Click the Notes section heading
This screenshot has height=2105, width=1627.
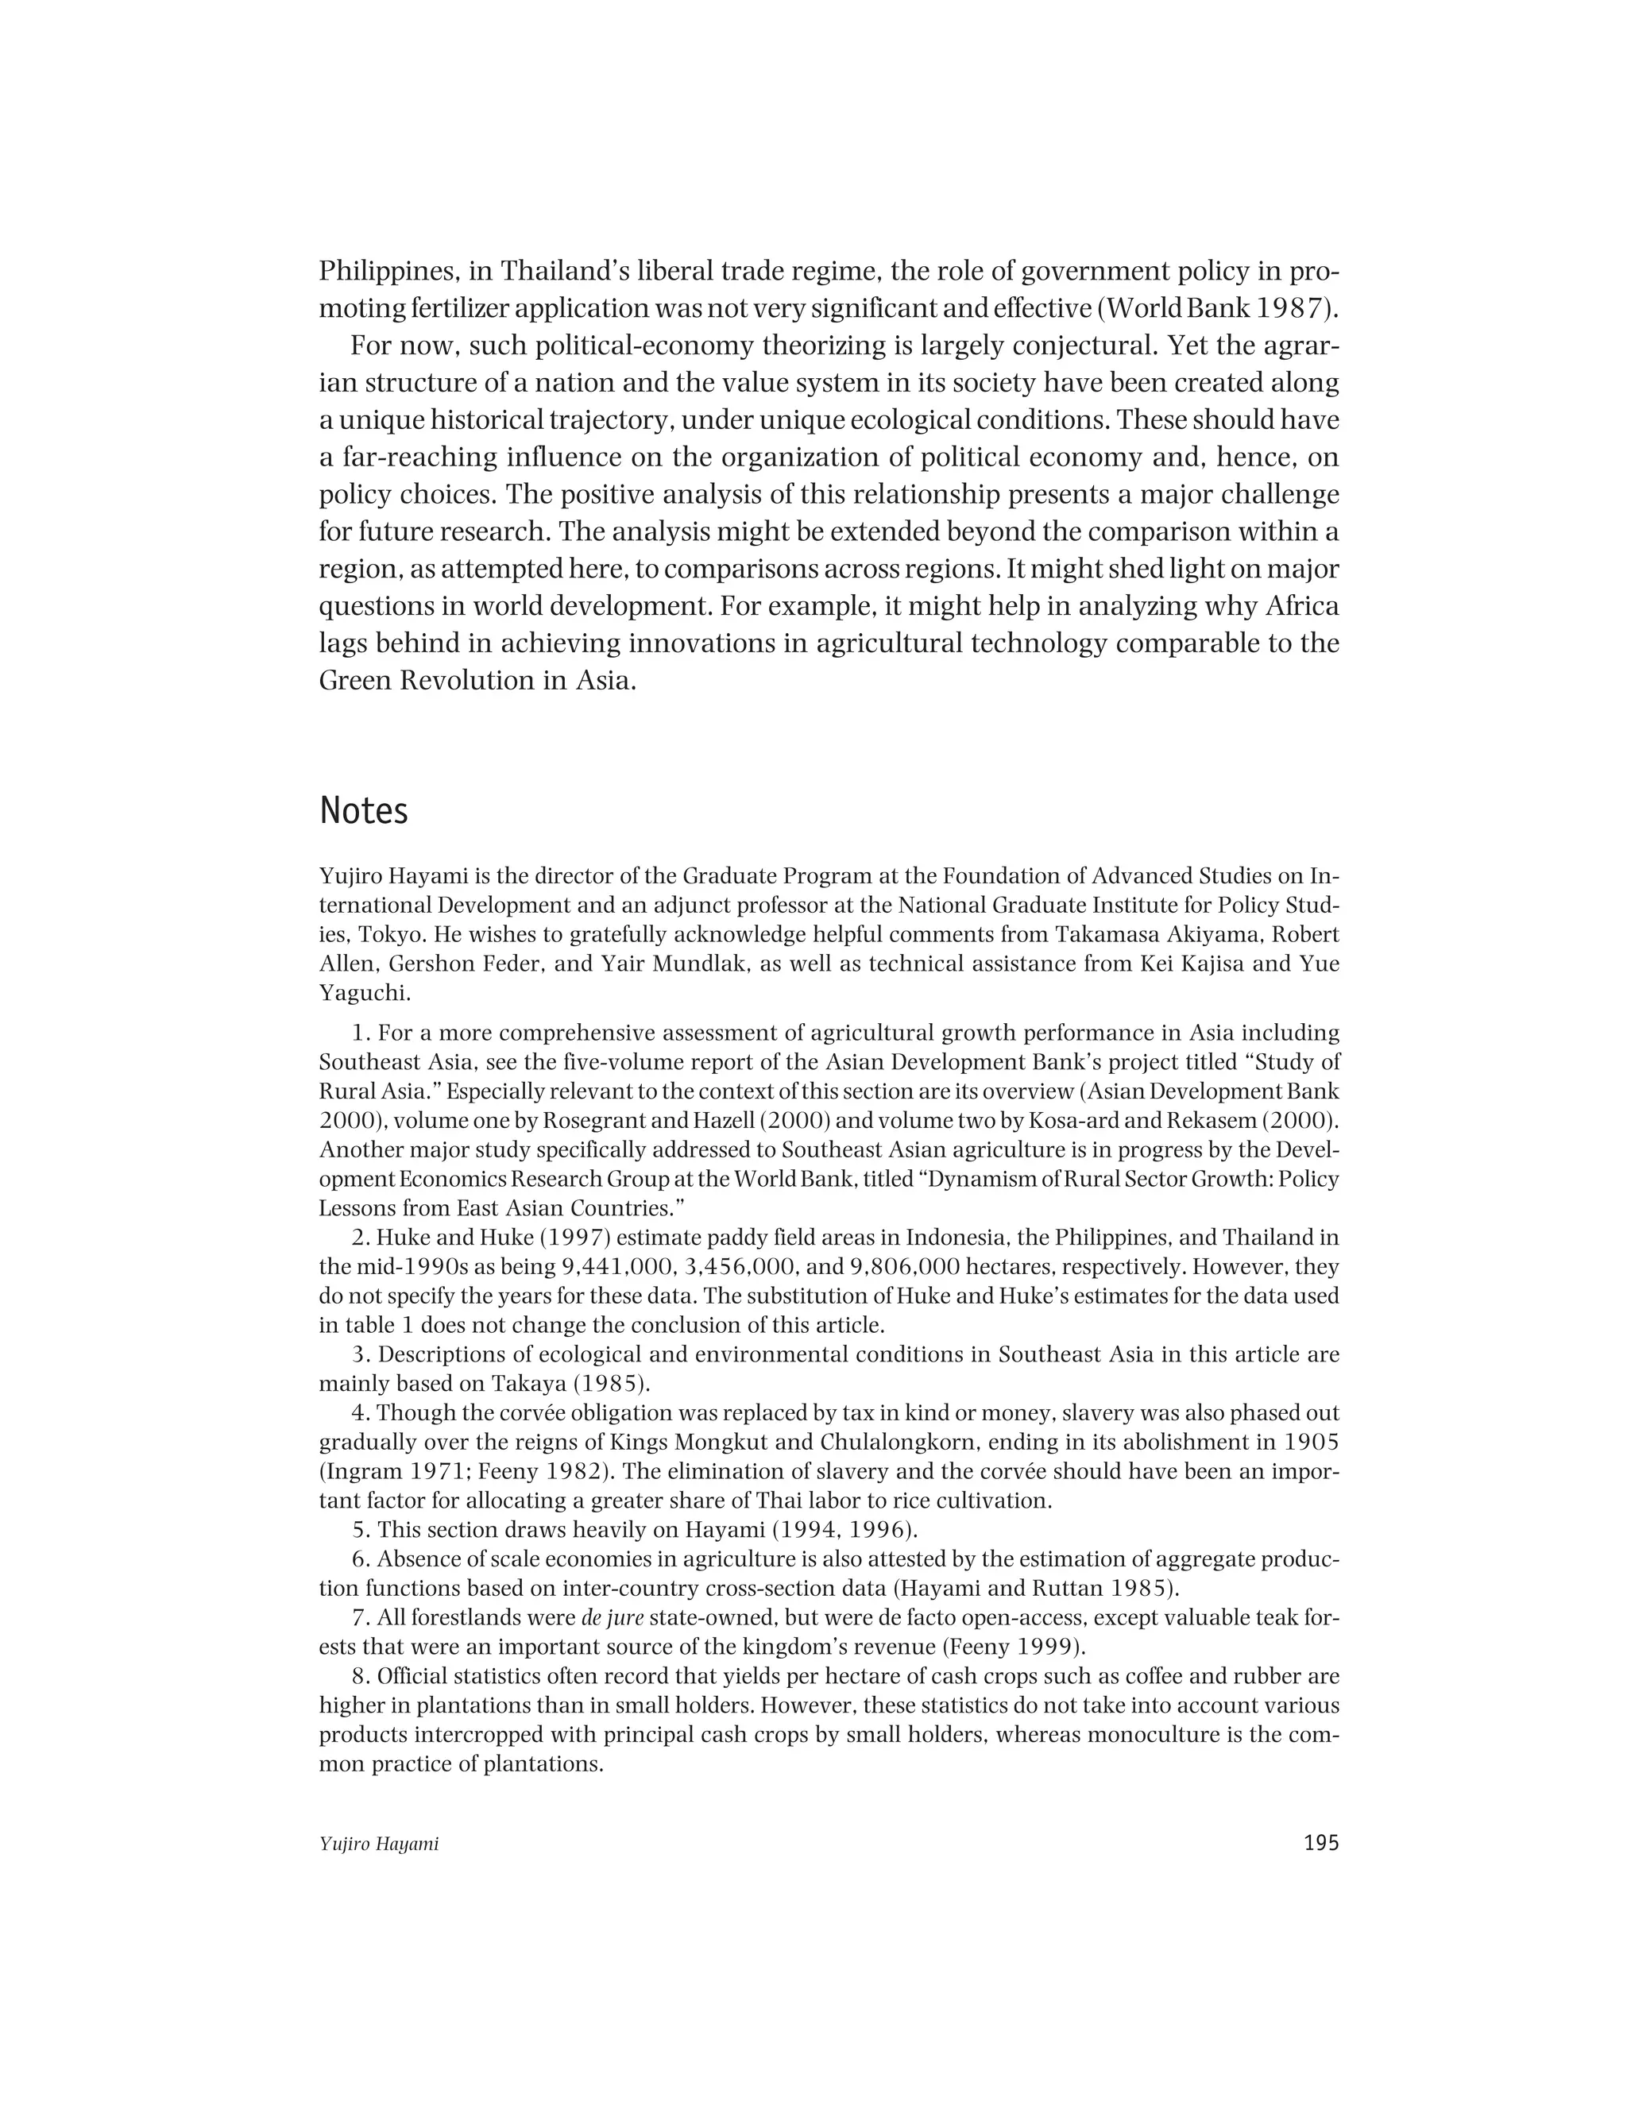tap(363, 812)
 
